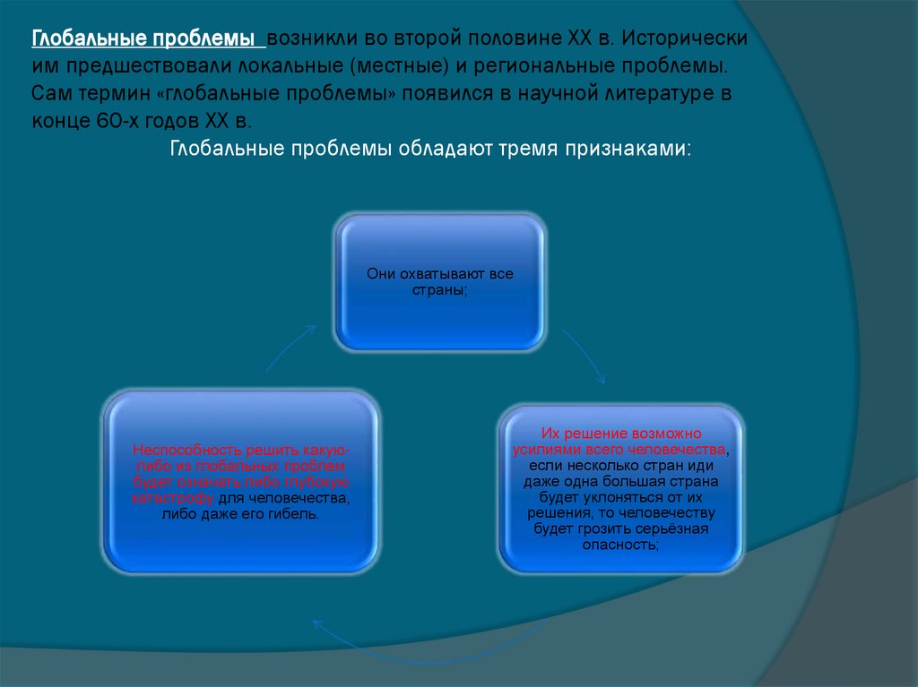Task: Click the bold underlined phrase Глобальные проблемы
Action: [x=148, y=40]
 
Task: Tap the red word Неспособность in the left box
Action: [x=176, y=451]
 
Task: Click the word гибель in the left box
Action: [x=291, y=515]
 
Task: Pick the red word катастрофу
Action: [x=170, y=499]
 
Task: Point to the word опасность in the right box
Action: [x=619, y=545]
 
